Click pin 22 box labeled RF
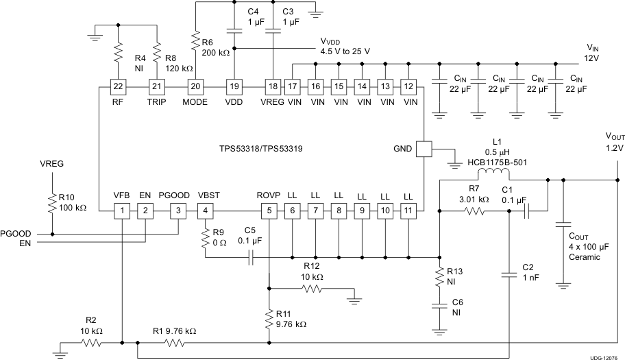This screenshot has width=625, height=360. [x=120, y=86]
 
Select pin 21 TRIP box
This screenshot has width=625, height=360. [x=158, y=86]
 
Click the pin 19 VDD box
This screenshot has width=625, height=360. [x=235, y=86]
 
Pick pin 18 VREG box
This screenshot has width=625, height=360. [x=273, y=86]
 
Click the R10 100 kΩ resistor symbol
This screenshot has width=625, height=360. [x=51, y=204]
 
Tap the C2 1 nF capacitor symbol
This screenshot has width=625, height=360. [x=509, y=276]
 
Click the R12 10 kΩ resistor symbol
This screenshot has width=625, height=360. [x=312, y=289]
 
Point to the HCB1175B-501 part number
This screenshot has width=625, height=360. [x=493, y=162]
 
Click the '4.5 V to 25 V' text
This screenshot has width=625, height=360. [x=345, y=51]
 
